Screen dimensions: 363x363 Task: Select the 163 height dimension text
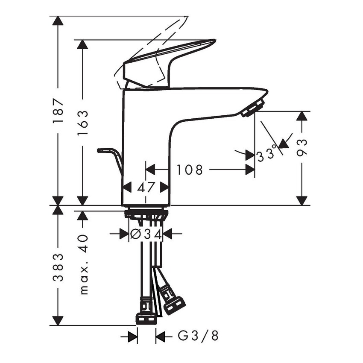point(83,123)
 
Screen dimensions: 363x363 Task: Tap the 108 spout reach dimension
point(190,170)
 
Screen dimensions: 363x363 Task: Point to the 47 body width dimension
point(146,187)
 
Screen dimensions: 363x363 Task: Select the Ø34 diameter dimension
point(146,234)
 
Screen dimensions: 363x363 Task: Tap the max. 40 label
point(83,264)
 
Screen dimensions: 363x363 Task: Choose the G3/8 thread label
point(198,337)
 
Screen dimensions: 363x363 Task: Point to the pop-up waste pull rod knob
point(103,150)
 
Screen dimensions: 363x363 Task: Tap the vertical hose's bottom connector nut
point(146,318)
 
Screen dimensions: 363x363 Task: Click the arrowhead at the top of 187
point(58,21)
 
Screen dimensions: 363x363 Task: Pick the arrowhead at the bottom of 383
point(58,320)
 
